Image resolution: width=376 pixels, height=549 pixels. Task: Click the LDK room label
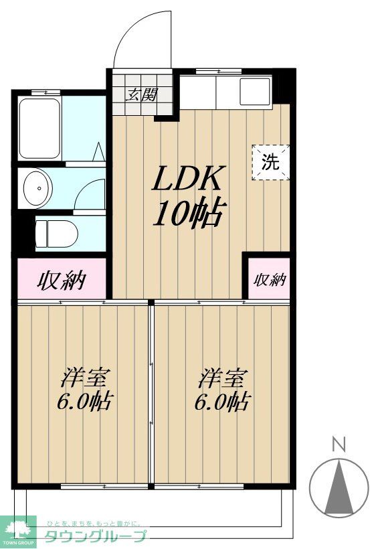187,179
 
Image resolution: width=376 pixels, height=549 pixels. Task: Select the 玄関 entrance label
143,94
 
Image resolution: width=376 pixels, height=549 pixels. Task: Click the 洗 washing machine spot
270,161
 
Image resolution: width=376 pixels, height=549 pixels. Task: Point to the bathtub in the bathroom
40,128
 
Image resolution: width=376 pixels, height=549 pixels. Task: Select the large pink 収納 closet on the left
61,279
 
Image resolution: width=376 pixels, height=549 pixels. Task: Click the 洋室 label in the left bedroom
85,378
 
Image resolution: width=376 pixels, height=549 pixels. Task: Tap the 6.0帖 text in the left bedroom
85,403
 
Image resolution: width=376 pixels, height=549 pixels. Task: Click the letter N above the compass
340,443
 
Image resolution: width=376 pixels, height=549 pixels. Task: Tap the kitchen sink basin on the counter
254,92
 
